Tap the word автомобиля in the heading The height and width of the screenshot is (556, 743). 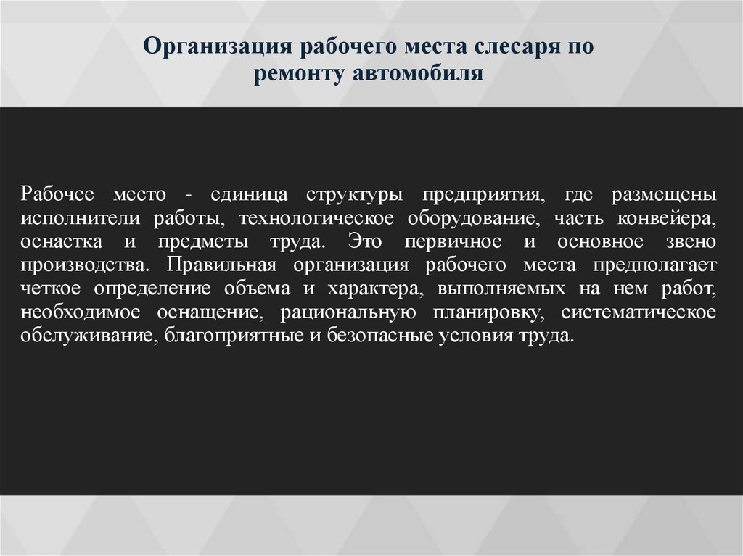pos(418,73)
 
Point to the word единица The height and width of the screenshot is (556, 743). pos(249,195)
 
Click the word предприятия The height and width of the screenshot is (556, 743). pos(483,195)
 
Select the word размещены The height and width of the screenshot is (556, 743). pos(664,195)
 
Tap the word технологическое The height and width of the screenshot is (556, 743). pos(316,218)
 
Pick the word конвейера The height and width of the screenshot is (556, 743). pos(667,218)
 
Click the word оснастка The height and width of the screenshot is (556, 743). pos(61,241)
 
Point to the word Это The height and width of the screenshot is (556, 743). pos(364,241)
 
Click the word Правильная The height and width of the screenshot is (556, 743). pos(221,265)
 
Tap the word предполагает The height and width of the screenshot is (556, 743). pos(654,265)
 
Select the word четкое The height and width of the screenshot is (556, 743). pos(51,289)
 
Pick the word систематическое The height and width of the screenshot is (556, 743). pos(639,312)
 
